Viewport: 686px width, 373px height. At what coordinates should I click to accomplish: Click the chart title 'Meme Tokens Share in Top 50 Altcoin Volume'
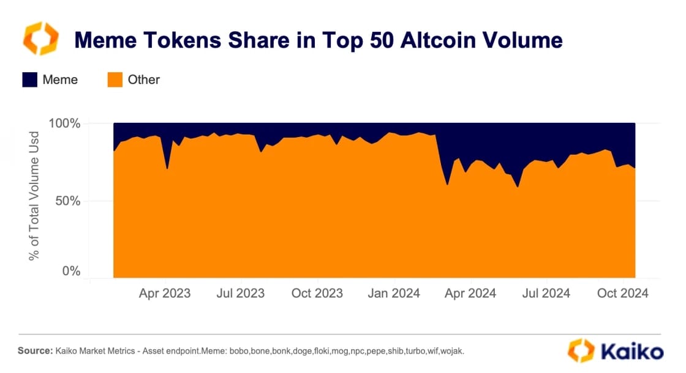(x=318, y=40)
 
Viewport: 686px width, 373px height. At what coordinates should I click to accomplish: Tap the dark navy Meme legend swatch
(x=31, y=79)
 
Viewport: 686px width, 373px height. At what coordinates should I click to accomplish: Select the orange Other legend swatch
(x=115, y=79)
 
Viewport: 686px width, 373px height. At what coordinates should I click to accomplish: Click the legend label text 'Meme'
(x=60, y=79)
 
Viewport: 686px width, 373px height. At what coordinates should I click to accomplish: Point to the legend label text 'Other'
(x=143, y=79)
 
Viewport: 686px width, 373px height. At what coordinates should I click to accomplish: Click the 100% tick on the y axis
(x=64, y=124)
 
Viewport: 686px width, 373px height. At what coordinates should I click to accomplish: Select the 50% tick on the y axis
(x=67, y=201)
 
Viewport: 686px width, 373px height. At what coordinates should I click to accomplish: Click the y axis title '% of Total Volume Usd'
(x=34, y=196)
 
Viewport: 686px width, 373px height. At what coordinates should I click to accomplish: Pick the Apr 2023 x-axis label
(x=164, y=294)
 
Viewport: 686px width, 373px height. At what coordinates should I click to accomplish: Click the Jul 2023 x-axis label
(x=241, y=294)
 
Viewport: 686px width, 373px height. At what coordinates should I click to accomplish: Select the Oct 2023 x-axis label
(x=317, y=294)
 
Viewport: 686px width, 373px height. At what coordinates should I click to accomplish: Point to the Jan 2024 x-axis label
(x=394, y=294)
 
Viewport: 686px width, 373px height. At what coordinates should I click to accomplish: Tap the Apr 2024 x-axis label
(x=470, y=294)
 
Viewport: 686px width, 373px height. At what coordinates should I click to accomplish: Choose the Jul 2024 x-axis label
(x=546, y=294)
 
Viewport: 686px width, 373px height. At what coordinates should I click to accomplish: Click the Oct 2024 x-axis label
(x=623, y=294)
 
